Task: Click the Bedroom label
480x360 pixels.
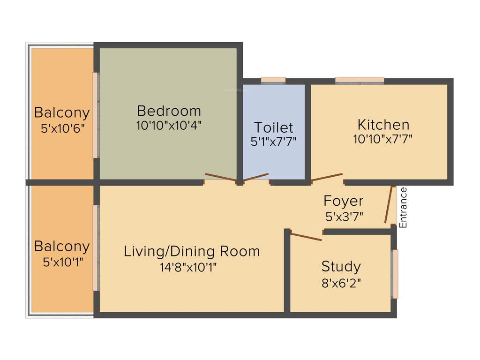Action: [169, 111]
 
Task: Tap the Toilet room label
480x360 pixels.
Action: [274, 127]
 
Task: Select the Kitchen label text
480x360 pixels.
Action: [383, 125]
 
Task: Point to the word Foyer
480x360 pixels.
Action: [343, 201]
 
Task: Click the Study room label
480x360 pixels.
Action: [341, 267]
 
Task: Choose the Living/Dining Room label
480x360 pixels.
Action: [192, 251]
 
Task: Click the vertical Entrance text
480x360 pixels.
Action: [404, 207]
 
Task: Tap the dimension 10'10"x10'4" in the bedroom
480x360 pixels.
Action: [169, 126]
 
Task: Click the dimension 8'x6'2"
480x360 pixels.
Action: [341, 283]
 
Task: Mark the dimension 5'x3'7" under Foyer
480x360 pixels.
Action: [344, 217]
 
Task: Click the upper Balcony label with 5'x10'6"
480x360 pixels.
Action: [62, 112]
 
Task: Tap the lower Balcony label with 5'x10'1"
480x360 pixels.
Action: [62, 246]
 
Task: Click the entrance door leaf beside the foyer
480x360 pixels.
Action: [389, 204]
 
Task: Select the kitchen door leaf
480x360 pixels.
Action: [327, 177]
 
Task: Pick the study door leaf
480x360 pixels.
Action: [306, 236]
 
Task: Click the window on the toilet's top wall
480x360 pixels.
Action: [273, 81]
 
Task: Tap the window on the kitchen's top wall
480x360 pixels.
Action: [360, 81]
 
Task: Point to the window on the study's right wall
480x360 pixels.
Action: [395, 274]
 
